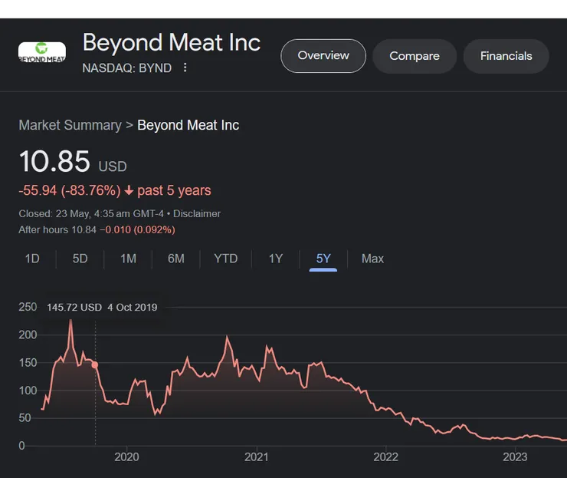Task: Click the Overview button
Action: coord(323,56)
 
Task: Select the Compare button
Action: coord(415,56)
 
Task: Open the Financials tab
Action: coord(506,56)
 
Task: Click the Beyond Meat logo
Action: coord(42,54)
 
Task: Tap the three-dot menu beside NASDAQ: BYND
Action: coord(185,68)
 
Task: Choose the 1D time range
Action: coord(32,259)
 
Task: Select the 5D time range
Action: coord(80,259)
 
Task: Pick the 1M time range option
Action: coord(128,259)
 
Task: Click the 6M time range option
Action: coord(176,259)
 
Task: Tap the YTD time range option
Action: coord(225,259)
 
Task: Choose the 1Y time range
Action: coord(276,259)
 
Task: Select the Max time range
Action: coord(372,259)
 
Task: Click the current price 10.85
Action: coord(54,162)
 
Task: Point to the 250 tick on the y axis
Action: coord(28,307)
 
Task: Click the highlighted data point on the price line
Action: coord(95,365)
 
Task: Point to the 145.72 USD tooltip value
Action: coord(74,307)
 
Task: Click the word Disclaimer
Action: coord(197,213)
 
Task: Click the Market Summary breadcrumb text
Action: coord(70,125)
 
